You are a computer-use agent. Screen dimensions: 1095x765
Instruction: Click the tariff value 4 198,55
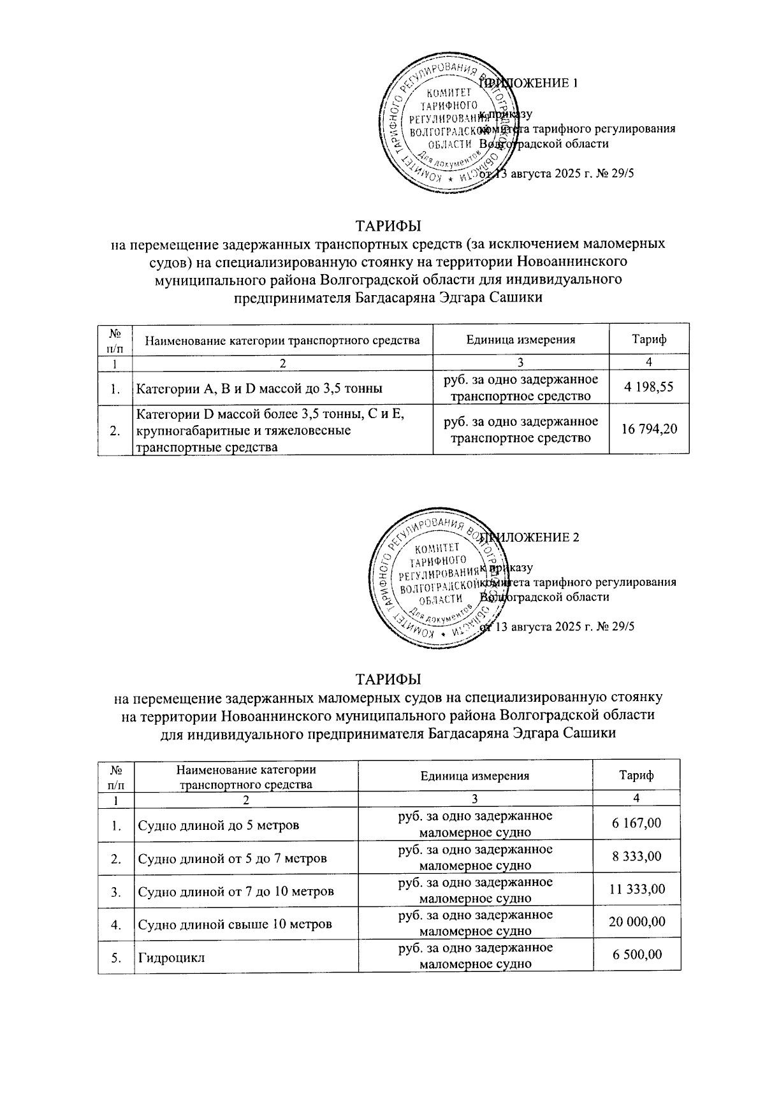coord(649,386)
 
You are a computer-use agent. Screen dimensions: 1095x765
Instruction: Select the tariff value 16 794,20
coord(649,430)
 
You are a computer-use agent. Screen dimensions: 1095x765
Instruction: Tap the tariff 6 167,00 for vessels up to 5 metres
coord(636,823)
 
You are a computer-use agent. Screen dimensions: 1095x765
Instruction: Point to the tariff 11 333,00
coord(636,889)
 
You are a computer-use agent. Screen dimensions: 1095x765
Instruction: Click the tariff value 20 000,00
coord(636,922)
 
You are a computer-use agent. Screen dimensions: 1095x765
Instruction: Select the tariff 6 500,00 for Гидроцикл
coord(636,954)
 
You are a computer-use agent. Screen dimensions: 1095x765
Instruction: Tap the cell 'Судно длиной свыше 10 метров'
coord(235,924)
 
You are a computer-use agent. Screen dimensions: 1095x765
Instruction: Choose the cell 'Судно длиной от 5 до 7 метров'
coord(232,859)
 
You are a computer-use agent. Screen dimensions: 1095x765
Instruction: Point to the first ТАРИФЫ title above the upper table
coord(388,226)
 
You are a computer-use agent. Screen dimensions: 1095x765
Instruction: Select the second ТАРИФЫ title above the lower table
coord(388,678)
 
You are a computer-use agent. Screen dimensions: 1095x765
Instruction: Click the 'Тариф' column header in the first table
coord(649,339)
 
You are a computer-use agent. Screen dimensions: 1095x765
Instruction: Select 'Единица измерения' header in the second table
coord(475,776)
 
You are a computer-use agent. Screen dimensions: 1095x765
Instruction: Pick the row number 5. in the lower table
coord(116,955)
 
